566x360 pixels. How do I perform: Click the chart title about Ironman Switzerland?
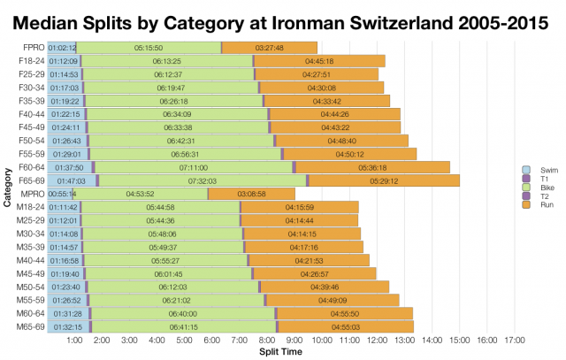(x=283, y=20)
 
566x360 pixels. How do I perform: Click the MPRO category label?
(x=32, y=194)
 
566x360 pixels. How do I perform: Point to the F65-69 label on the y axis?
(x=32, y=180)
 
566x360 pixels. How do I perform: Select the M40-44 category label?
(x=32, y=261)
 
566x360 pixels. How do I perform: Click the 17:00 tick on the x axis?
(x=515, y=340)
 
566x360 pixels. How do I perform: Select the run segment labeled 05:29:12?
(x=383, y=180)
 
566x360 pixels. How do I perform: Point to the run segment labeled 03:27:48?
(x=269, y=47)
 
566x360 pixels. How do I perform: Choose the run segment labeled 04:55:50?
(x=346, y=314)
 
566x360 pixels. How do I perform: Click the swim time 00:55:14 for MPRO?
(x=61, y=194)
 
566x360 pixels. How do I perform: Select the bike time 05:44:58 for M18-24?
(x=160, y=207)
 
